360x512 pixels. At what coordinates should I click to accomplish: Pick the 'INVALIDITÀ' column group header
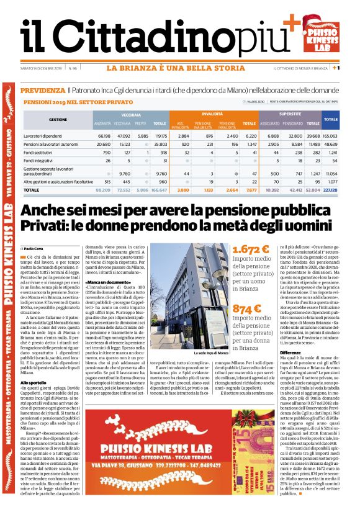tap(212, 115)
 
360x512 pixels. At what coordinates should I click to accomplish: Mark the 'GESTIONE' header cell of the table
tap(58, 119)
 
